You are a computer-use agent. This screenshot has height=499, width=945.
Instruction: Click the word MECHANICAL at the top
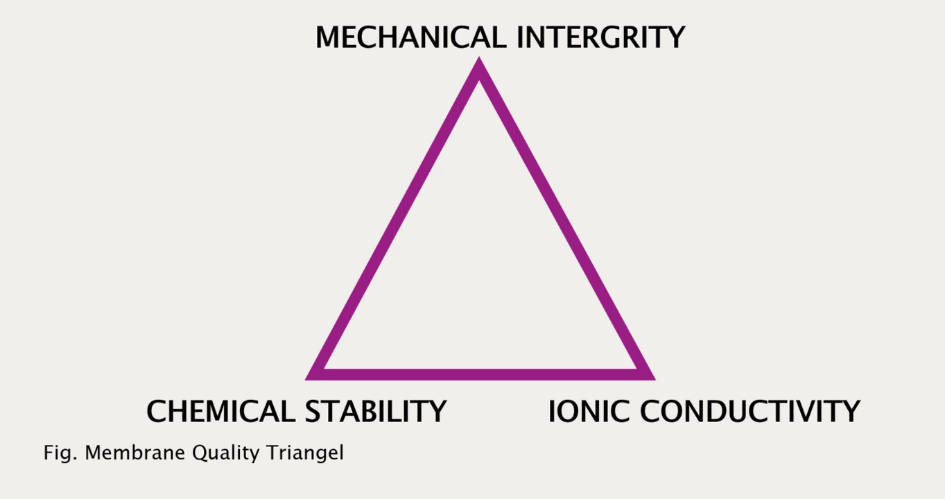pos(410,37)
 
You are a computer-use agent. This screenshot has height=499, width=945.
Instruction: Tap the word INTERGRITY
pos(600,37)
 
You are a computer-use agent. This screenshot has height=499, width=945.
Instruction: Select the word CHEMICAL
pos(220,411)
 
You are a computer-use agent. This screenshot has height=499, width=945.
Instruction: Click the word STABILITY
pos(376,411)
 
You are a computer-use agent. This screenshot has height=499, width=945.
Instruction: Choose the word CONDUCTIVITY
pos(749,411)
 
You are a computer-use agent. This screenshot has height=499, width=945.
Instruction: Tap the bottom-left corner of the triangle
pos(306,380)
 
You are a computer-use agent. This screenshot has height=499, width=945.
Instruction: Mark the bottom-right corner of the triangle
pos(655,380)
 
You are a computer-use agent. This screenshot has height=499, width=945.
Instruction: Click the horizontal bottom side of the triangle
pos(480,374)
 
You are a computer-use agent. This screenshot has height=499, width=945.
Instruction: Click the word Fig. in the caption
pos(60,453)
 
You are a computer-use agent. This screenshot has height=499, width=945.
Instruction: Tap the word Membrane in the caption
pos(135,453)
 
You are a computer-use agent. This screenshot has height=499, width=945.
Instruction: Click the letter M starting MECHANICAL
pos(329,37)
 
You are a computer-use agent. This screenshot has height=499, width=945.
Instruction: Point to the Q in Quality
pos(201,453)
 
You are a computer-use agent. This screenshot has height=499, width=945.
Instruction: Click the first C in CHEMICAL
pos(156,411)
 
